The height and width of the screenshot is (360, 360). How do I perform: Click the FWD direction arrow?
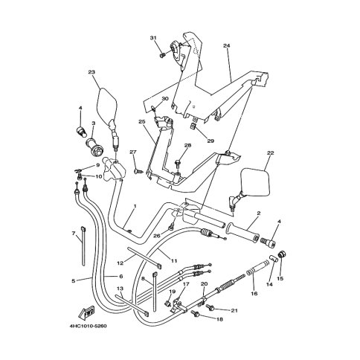(x=86, y=312)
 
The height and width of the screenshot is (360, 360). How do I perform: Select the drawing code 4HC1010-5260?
(x=88, y=326)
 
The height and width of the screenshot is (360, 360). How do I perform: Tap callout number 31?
(x=153, y=38)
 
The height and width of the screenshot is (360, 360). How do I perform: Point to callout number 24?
(x=226, y=45)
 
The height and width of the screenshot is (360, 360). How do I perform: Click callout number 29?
(x=210, y=141)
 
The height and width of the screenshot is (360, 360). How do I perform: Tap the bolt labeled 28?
(x=178, y=163)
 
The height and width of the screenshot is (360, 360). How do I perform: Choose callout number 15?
(x=280, y=278)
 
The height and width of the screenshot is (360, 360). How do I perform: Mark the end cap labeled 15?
(x=282, y=254)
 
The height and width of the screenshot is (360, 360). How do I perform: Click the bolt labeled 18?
(x=196, y=314)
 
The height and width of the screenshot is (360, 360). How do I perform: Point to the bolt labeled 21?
(x=210, y=307)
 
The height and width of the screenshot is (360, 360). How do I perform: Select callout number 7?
(x=74, y=234)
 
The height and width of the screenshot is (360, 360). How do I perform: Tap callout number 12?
(x=120, y=263)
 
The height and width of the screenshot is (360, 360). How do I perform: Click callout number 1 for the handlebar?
(x=135, y=206)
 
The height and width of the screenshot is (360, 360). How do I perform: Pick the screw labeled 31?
(x=163, y=55)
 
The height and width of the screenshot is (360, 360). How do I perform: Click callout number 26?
(x=157, y=236)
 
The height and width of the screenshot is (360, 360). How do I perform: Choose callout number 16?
(x=254, y=294)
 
